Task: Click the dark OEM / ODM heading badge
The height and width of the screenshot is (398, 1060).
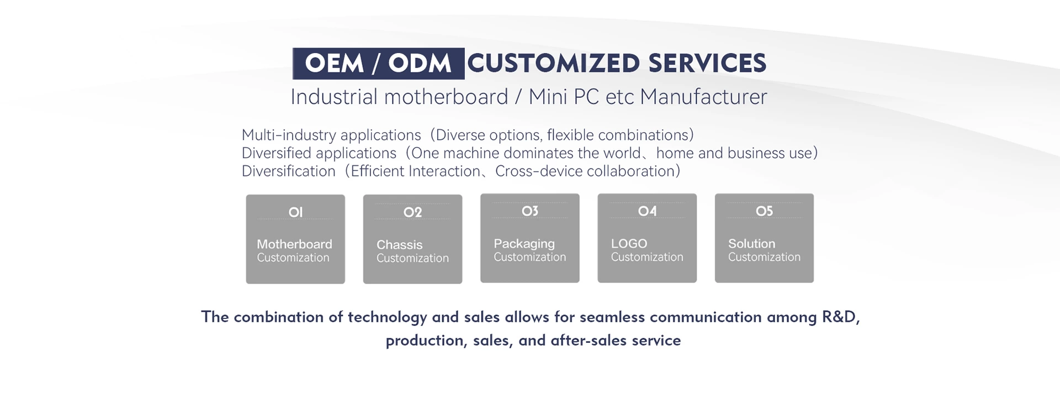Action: [378, 64]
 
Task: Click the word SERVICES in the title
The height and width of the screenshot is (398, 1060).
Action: [707, 64]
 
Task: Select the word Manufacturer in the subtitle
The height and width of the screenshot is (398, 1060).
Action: [703, 97]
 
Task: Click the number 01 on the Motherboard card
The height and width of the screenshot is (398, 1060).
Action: [295, 212]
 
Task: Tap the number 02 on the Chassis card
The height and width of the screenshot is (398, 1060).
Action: [412, 212]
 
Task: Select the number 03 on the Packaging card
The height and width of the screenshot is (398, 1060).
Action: [530, 211]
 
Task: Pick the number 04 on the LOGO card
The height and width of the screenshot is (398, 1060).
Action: [647, 211]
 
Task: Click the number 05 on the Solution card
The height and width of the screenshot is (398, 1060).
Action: [764, 211]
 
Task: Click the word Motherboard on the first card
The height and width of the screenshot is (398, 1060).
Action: [294, 244]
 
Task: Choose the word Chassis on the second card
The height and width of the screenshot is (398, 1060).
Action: [399, 245]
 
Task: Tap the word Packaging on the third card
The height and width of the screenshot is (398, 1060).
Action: [524, 244]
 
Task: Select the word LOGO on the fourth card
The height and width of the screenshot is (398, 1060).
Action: [629, 244]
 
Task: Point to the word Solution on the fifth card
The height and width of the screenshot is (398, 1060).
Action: [751, 244]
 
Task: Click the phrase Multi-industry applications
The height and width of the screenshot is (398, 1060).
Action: [331, 135]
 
